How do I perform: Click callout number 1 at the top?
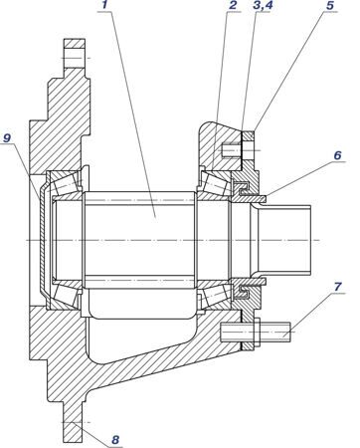(105, 5)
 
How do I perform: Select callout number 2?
(233, 5)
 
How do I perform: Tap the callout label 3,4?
(263, 5)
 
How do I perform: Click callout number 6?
(337, 155)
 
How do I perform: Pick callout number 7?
(337, 287)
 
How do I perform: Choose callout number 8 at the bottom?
(115, 440)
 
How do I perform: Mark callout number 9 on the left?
(7, 138)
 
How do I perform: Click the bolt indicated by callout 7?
(256, 333)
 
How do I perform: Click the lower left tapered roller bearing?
(66, 295)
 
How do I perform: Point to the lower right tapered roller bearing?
(214, 295)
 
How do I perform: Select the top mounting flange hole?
(75, 58)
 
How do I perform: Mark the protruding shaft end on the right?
(284, 240)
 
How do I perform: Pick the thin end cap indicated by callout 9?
(43, 240)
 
